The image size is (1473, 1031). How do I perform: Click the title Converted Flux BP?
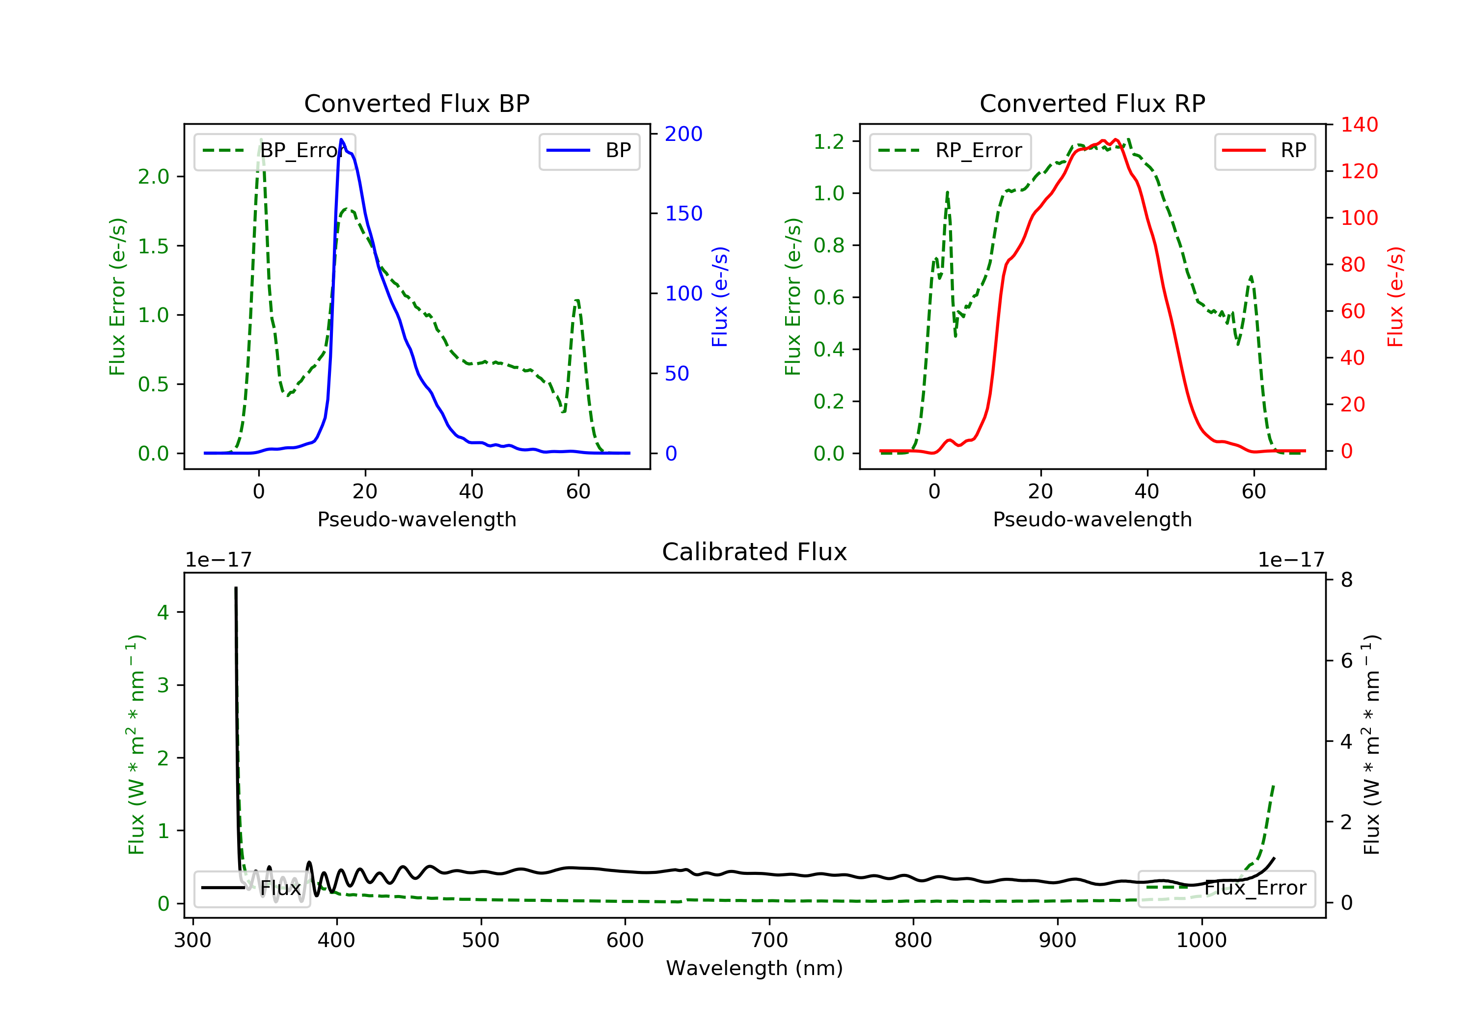(416, 103)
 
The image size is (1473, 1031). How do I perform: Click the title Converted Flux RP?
(1092, 103)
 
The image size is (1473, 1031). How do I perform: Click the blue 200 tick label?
(683, 134)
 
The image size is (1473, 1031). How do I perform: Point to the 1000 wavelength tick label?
(1201, 941)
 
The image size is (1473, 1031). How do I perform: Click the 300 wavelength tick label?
(192, 941)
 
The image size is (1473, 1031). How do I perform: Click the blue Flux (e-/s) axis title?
(720, 297)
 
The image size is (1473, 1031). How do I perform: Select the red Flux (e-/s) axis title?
(1395, 297)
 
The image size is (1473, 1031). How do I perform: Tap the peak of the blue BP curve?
(341, 140)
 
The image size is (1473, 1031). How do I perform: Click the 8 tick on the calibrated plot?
(1347, 580)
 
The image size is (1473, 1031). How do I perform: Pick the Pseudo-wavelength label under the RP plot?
(1092, 519)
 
